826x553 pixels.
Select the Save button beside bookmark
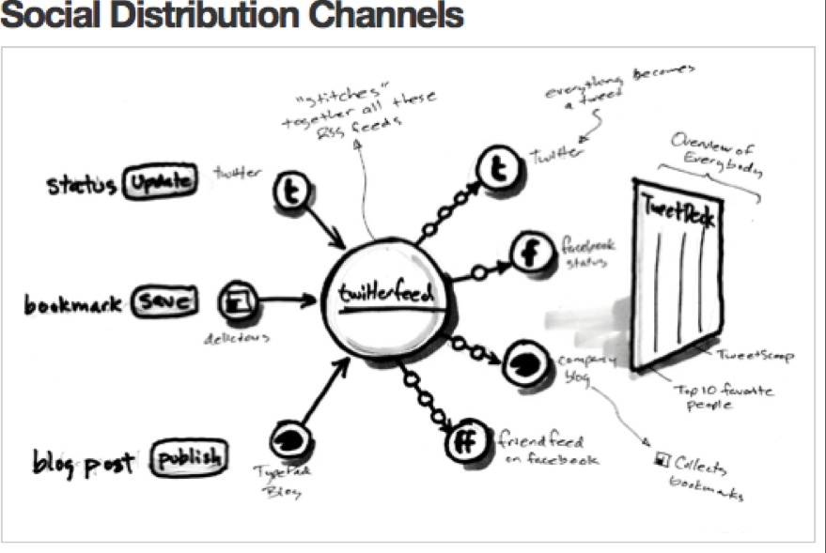pyautogui.click(x=164, y=301)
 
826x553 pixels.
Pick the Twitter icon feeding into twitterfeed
pyautogui.click(x=291, y=192)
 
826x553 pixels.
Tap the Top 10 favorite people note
pyautogui.click(x=722, y=392)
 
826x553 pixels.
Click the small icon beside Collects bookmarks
pyautogui.click(x=661, y=459)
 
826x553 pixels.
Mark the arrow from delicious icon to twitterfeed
pyautogui.click(x=288, y=300)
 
